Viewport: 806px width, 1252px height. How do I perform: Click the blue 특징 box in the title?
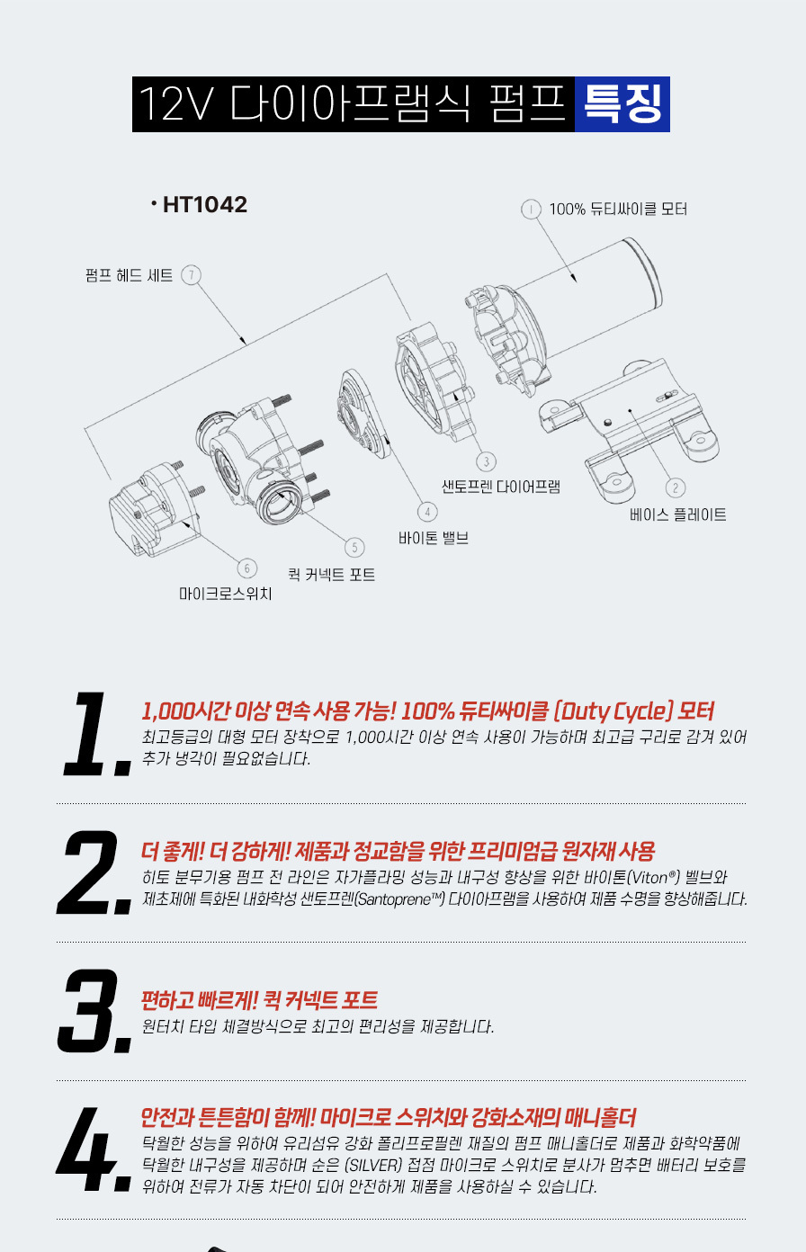tap(622, 104)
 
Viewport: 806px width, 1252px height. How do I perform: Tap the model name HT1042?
tap(204, 204)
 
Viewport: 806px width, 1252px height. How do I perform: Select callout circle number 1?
tap(531, 209)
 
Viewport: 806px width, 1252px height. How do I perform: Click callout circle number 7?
tap(192, 275)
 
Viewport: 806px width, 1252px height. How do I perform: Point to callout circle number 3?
tap(487, 461)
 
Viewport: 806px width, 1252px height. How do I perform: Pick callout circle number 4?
tap(427, 512)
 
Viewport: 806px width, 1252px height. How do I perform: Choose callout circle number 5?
tap(354, 547)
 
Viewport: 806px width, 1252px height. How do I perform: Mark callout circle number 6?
tap(247, 568)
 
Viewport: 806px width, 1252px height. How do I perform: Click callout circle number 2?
tap(676, 487)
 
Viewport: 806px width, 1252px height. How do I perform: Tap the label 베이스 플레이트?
tap(678, 514)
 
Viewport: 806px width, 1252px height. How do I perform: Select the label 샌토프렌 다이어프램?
tap(501, 487)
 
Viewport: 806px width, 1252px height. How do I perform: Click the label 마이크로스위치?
tap(225, 594)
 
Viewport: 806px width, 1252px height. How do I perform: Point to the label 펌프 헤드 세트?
tap(130, 275)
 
